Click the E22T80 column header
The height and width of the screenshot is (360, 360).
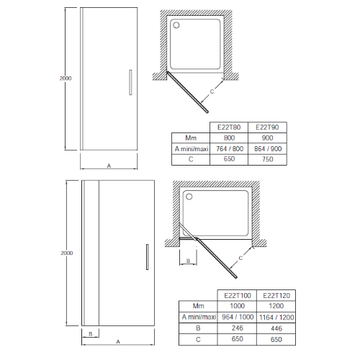[229, 127]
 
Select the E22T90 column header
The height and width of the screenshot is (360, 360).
[267, 127]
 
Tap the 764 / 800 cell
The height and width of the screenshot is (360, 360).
[230, 149]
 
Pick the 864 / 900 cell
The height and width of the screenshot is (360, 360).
[268, 149]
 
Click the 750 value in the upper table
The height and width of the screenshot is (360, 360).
[268, 159]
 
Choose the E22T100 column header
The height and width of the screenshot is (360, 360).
[238, 295]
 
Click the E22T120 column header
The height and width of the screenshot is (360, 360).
[276, 295]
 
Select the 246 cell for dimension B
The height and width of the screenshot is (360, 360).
[238, 328]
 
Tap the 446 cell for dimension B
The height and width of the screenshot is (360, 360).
[276, 328]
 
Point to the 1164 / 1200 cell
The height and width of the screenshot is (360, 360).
[276, 318]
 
